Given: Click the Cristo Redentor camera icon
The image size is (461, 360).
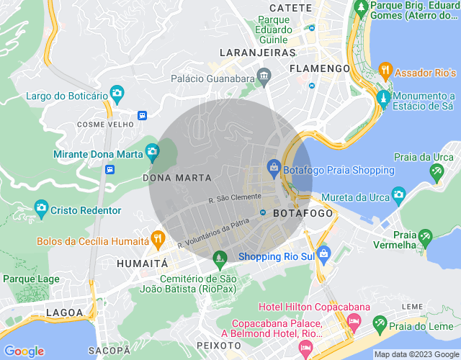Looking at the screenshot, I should pyautogui.click(x=41, y=210).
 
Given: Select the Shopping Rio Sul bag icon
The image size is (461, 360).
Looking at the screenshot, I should pyautogui.click(x=323, y=253).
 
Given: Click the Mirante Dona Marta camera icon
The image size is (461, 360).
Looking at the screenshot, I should pyautogui.click(x=152, y=151).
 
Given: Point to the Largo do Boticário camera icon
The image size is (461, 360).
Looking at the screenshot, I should pyautogui.click(x=117, y=93).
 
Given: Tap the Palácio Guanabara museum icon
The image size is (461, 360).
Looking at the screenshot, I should pyautogui.click(x=264, y=76).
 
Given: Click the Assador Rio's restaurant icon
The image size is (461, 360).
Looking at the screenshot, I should pyautogui.click(x=385, y=70).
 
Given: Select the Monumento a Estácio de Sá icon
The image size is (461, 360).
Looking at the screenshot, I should pyautogui.click(x=383, y=98).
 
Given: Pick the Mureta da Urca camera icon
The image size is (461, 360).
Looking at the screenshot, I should pyautogui.click(x=398, y=194).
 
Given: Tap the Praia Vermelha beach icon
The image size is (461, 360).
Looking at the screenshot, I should pyautogui.click(x=426, y=235).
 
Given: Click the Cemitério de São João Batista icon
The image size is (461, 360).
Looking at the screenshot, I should pyautogui.click(x=220, y=257).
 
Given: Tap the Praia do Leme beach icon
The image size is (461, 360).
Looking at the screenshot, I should pyautogui.click(x=375, y=328).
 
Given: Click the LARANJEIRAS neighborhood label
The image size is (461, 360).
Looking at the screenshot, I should pyautogui.click(x=259, y=53).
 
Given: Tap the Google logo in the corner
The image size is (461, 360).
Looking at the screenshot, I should pyautogui.click(x=24, y=351).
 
